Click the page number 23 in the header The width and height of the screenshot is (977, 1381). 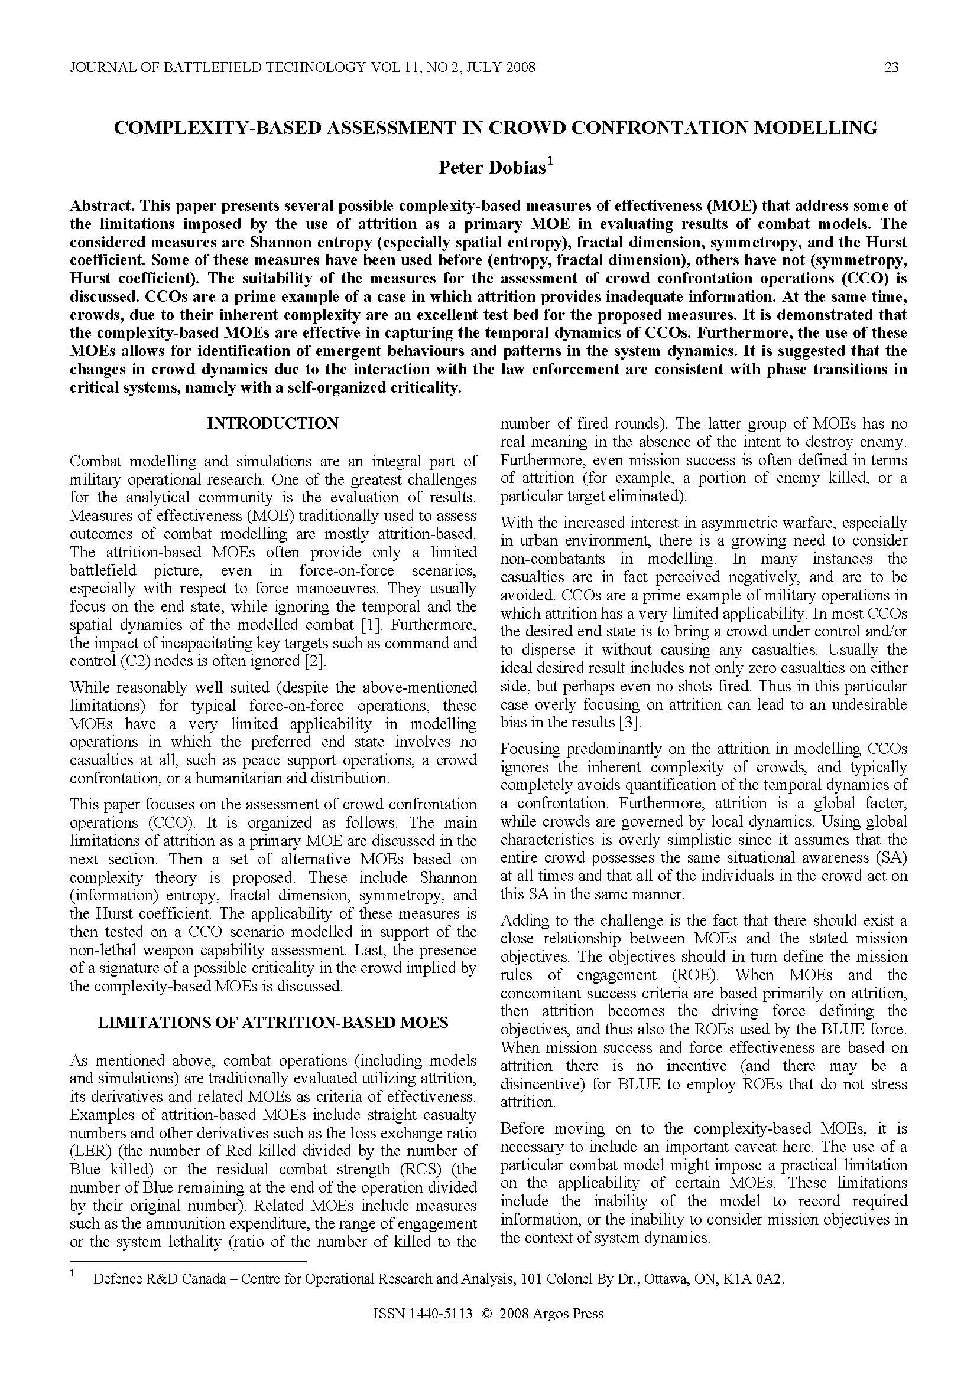[x=891, y=67]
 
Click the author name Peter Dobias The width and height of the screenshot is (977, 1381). [x=491, y=167]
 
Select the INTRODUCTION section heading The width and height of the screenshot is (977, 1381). [x=272, y=423]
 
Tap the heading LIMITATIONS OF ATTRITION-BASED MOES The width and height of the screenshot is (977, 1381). [x=272, y=1023]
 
